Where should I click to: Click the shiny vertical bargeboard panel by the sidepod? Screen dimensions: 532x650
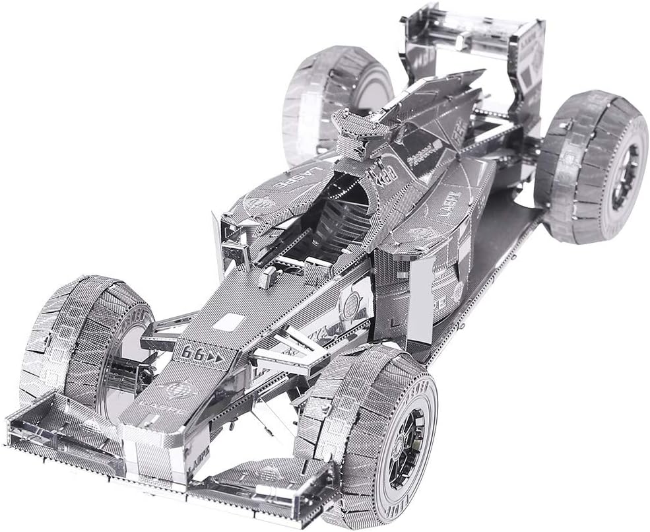[420, 300]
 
